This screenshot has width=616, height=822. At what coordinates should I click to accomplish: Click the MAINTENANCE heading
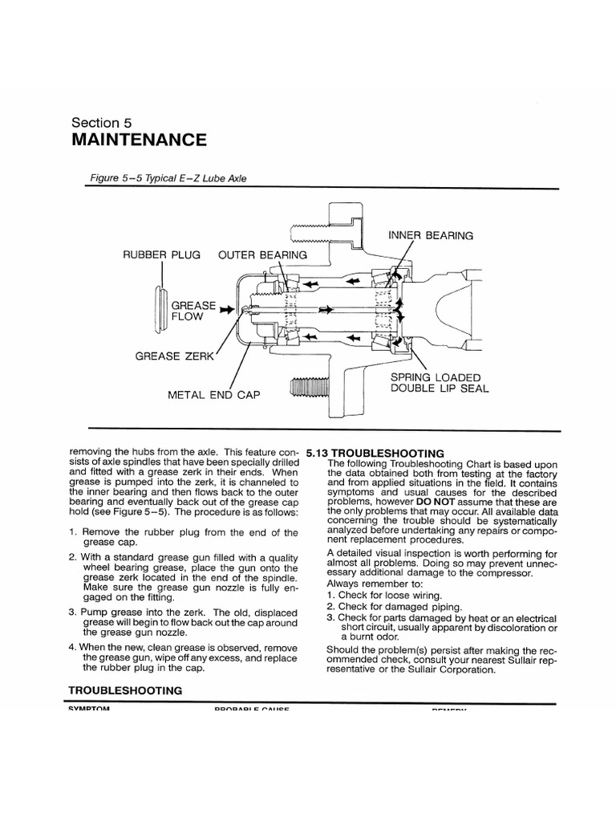[139, 140]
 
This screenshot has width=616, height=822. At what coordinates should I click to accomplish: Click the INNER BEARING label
[431, 235]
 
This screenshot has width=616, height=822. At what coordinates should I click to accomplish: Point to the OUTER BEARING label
[263, 255]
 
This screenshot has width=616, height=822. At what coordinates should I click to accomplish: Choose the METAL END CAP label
[213, 395]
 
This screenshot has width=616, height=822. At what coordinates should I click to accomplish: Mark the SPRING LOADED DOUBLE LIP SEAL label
[439, 383]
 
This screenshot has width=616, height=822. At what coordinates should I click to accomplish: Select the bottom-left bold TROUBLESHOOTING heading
[125, 690]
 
